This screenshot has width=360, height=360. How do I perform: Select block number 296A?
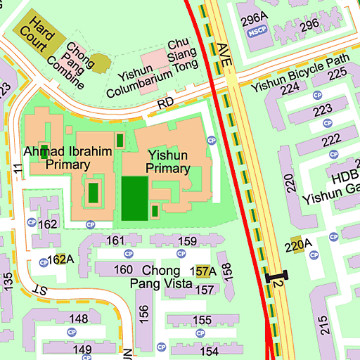255,18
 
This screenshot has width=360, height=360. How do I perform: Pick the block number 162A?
60,259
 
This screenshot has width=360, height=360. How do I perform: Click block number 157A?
204,271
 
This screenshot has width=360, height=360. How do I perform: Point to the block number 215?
323,324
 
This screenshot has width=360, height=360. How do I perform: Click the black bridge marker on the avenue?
276,277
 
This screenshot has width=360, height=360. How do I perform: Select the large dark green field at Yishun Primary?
135,198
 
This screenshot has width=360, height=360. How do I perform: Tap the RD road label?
165,103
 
